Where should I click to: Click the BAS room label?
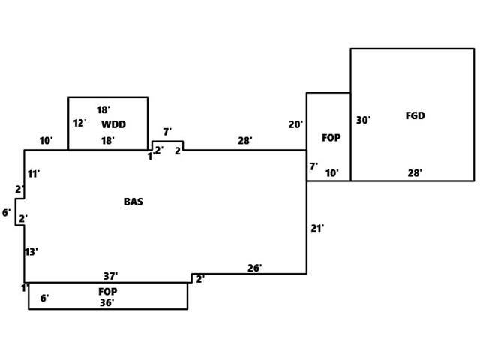tap(133, 202)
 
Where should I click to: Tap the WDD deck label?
tap(113, 124)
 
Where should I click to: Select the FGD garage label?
tap(415, 116)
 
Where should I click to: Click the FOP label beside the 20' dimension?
tap(331, 138)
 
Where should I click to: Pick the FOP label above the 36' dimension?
tap(107, 291)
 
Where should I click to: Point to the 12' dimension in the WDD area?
tap(79, 124)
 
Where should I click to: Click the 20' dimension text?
tap(295, 124)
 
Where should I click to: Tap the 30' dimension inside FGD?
tap(363, 120)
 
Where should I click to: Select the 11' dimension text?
tap(34, 174)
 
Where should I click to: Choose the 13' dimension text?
tap(31, 252)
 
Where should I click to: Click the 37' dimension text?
tap(110, 277)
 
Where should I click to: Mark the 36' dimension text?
tap(107, 302)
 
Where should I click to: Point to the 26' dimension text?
tap(254, 268)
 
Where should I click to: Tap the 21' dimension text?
tap(317, 228)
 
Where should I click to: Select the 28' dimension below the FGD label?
tap(415, 173)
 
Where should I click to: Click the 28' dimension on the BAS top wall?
tap(245, 140)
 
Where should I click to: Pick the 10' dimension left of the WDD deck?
tap(46, 141)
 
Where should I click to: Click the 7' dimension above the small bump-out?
tap(167, 132)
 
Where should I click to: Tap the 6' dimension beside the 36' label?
tap(44, 298)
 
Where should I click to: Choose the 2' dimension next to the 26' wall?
tap(200, 279)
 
